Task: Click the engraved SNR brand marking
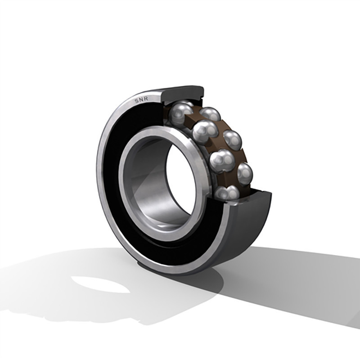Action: (x=141, y=100)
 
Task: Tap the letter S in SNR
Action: (x=137, y=101)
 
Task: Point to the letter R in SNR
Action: (x=146, y=99)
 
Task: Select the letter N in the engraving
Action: (x=141, y=100)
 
